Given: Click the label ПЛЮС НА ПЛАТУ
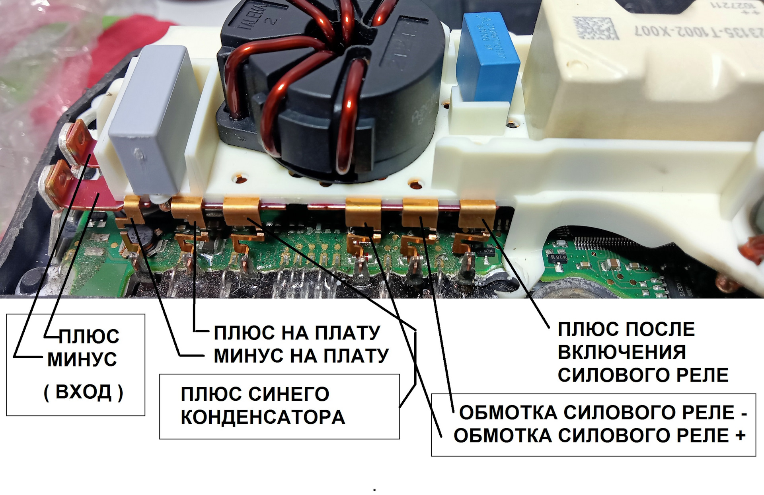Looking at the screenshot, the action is pos(297,333).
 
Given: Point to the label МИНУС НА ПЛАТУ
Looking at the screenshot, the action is pos(301,355).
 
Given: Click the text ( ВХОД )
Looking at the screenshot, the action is pos(83,392).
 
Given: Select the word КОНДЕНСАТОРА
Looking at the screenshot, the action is pos(263,417).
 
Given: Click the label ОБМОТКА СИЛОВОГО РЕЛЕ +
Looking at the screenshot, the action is pos(599,436).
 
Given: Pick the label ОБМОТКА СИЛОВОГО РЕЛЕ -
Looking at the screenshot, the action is pos(603,413).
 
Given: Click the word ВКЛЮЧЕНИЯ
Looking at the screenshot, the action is pos(622,352).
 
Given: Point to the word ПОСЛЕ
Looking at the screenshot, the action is pos(661,329).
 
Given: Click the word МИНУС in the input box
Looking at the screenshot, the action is pos(82,359).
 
